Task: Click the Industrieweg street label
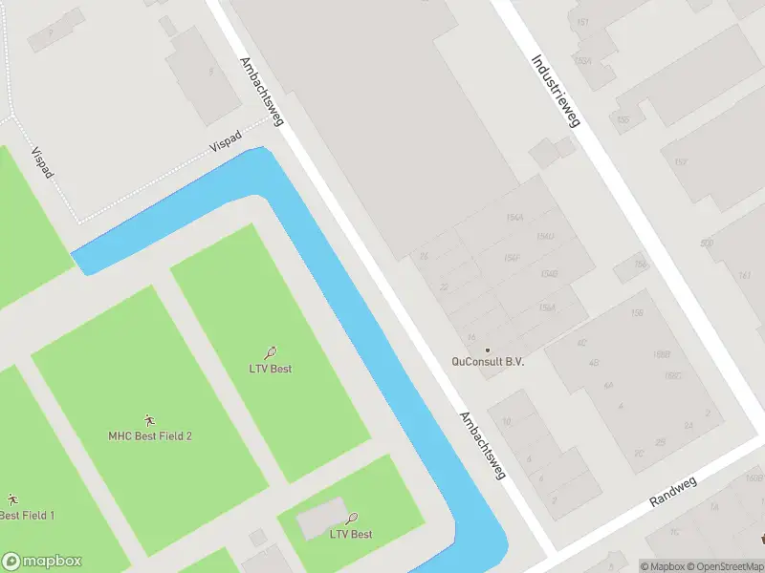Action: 557,91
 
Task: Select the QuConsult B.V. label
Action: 488,362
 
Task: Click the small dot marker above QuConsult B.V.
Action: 488,350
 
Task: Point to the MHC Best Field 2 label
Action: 150,436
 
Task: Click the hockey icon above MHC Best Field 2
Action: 149,420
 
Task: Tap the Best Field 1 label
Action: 27,516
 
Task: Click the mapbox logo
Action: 42,562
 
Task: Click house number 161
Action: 745,276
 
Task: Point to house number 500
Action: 706,244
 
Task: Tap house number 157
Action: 680,162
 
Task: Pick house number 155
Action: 623,119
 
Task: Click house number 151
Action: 583,22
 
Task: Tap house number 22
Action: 444,286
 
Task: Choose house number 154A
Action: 516,218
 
